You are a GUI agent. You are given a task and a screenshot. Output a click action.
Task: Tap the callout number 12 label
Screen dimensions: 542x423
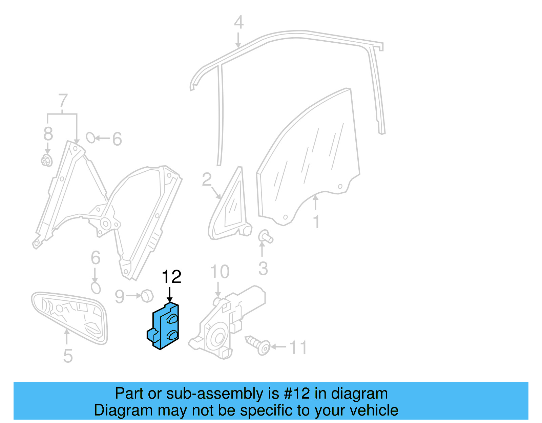[x=171, y=277]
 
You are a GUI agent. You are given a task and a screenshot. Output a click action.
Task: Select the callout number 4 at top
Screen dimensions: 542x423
[x=239, y=22]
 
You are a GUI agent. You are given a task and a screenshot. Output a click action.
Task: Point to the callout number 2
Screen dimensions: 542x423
[x=207, y=179]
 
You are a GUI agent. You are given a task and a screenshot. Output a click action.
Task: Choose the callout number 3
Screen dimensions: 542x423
[x=263, y=269]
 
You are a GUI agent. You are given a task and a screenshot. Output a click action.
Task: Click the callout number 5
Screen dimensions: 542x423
[x=68, y=356]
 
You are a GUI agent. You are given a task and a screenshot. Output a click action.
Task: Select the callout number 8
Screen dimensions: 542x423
[x=48, y=133]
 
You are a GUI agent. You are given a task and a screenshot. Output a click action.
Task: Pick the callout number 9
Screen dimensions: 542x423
[x=120, y=296]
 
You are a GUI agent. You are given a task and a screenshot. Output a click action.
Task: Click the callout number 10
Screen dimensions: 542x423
[x=220, y=272]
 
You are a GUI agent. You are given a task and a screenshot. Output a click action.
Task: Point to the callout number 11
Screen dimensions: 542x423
[x=298, y=348]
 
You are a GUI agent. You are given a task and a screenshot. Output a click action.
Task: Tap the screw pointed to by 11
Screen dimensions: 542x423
[x=258, y=345]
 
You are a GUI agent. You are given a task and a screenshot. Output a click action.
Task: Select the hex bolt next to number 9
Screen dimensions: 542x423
[x=147, y=296]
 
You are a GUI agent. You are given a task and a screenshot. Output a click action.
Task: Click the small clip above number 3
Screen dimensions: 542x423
[x=265, y=236]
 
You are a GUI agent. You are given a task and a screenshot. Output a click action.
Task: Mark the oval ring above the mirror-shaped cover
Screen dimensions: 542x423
[x=96, y=288]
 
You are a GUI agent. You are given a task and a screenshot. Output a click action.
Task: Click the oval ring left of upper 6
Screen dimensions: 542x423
[x=91, y=138]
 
